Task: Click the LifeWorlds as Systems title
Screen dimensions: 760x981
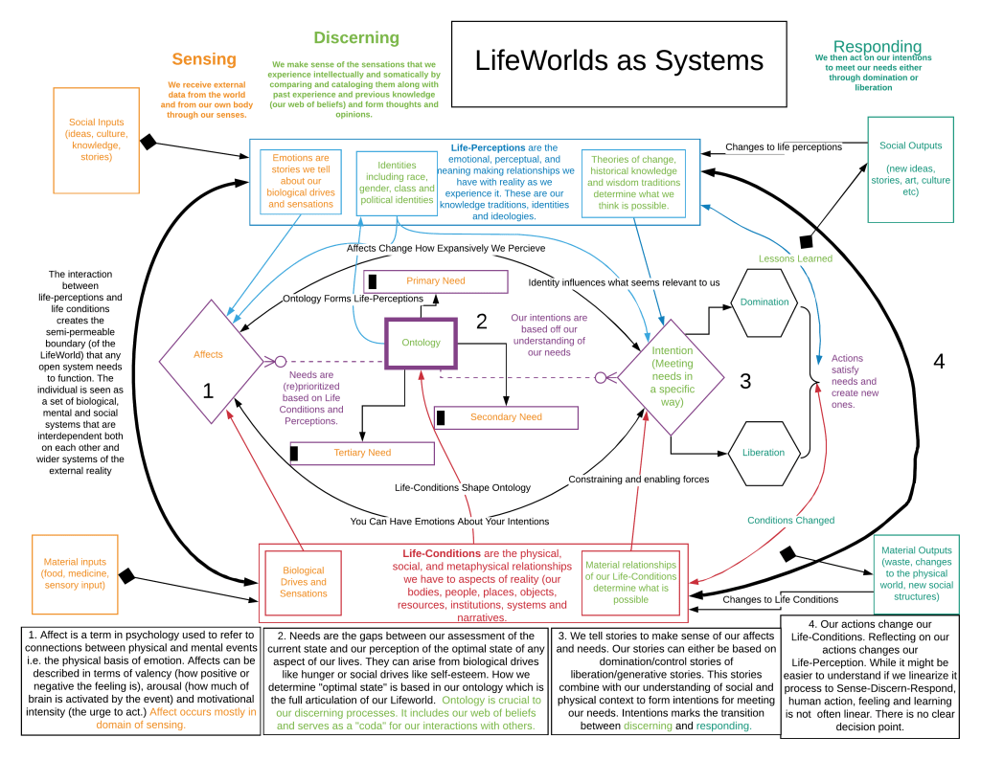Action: (x=619, y=62)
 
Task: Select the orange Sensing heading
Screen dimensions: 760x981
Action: (x=204, y=59)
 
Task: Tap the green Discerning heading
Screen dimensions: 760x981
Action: (x=356, y=38)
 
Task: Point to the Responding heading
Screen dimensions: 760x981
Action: (x=878, y=47)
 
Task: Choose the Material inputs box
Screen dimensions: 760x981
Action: (x=75, y=574)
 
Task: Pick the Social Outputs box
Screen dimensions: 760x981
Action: (x=910, y=168)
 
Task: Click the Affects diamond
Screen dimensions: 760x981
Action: (x=208, y=354)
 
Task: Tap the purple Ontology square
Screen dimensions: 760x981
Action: (x=422, y=343)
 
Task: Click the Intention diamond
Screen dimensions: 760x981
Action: (x=672, y=377)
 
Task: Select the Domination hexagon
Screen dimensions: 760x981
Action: (x=764, y=302)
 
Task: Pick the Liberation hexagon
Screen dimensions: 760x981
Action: (x=764, y=453)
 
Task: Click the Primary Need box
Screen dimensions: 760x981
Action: (x=436, y=281)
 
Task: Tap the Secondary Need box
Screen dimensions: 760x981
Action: (x=506, y=417)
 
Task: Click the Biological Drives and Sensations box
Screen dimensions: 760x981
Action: (x=304, y=581)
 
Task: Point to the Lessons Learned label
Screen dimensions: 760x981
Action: (x=795, y=258)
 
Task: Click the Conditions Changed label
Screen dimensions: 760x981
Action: (x=790, y=521)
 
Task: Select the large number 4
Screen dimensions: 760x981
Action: (x=939, y=361)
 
